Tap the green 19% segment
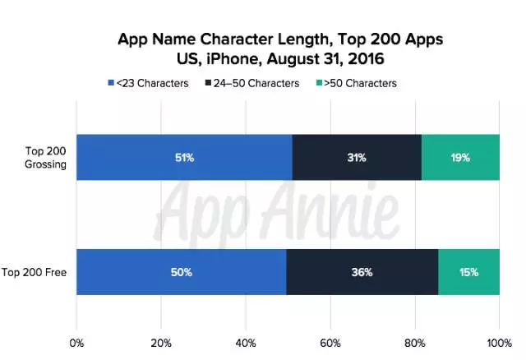pos(460,156)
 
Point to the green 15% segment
pos(468,270)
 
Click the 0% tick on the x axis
pos(77,342)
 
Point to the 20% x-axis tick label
pos(161,342)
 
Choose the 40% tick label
pos(246,342)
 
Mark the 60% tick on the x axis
pos(330,342)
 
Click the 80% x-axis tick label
pos(415,342)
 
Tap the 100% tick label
pos(498,342)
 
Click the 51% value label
pos(183,156)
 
